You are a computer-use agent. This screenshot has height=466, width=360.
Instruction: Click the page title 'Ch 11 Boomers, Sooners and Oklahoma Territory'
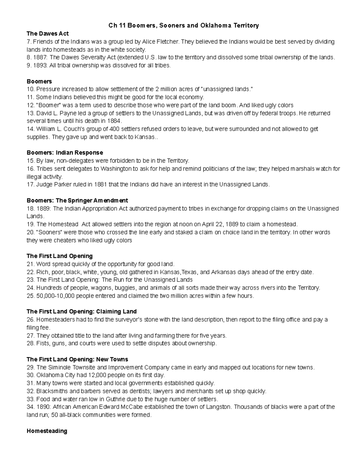(x=183, y=26)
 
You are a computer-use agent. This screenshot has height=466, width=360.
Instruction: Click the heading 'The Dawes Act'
(x=48, y=34)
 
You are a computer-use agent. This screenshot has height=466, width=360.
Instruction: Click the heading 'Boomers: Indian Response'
(x=65, y=153)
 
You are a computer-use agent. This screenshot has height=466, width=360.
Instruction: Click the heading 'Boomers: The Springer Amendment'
(x=77, y=200)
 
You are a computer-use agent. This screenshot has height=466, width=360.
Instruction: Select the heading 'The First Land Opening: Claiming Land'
(x=82, y=312)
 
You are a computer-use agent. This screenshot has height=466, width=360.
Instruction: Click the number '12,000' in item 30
(x=98, y=375)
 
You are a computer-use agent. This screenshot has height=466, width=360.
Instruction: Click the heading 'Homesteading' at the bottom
(x=47, y=431)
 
